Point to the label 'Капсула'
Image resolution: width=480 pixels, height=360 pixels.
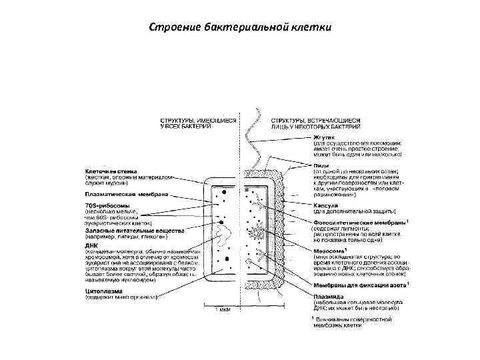[327, 205]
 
